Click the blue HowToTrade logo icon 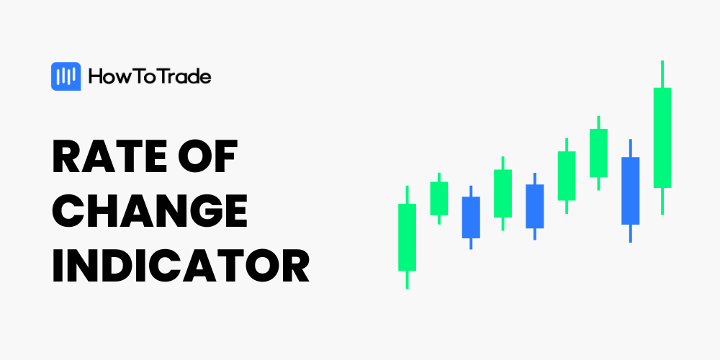(66, 76)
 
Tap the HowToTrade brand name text (150, 77)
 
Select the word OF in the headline (207, 156)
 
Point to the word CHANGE (150, 211)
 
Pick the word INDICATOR (181, 266)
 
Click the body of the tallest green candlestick (662, 138)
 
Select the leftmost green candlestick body (407, 237)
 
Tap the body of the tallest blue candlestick (630, 191)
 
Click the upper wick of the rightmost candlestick (662, 74)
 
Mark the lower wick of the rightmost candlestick (662, 201)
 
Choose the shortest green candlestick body (439, 199)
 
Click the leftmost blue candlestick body (471, 217)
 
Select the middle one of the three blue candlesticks (534, 206)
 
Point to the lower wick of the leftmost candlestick (407, 279)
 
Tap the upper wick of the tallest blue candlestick (630, 148)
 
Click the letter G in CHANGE (195, 211)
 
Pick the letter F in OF (226, 156)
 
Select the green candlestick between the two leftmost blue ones (503, 193)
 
